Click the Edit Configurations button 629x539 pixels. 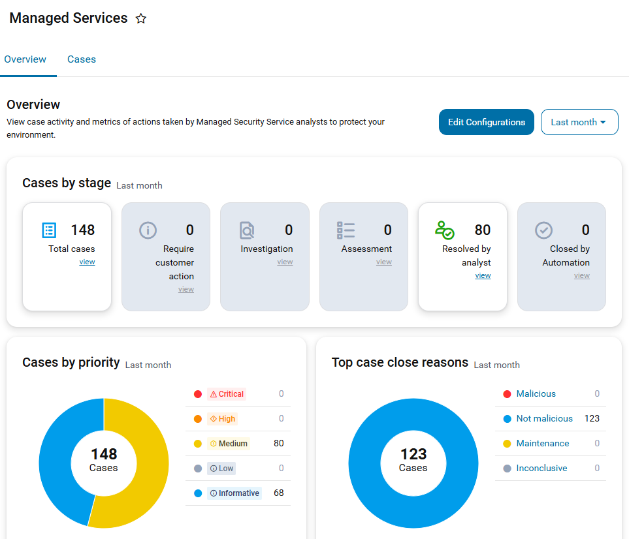pyautogui.click(x=486, y=122)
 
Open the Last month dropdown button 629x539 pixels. pyautogui.click(x=579, y=122)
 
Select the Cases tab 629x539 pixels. pyautogui.click(x=82, y=59)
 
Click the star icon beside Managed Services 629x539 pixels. pyautogui.click(x=141, y=18)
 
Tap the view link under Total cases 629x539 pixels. pyautogui.click(x=87, y=262)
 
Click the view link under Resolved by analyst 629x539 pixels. pyautogui.click(x=483, y=275)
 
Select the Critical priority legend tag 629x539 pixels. pyautogui.click(x=227, y=394)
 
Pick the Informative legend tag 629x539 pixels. pyautogui.click(x=234, y=493)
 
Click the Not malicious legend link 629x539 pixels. pyautogui.click(x=544, y=418)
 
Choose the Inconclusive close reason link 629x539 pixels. pyautogui.click(x=541, y=468)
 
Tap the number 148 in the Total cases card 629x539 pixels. pyautogui.click(x=83, y=230)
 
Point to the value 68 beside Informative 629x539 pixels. pyautogui.click(x=279, y=493)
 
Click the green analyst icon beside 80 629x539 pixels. pyautogui.click(x=444, y=230)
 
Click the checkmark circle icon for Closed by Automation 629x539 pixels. pyautogui.click(x=543, y=230)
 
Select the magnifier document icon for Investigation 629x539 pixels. pyautogui.click(x=247, y=230)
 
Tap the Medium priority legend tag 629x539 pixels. pyautogui.click(x=229, y=444)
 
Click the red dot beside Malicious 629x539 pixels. pyautogui.click(x=507, y=394)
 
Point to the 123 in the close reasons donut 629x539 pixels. pyautogui.click(x=413, y=454)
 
